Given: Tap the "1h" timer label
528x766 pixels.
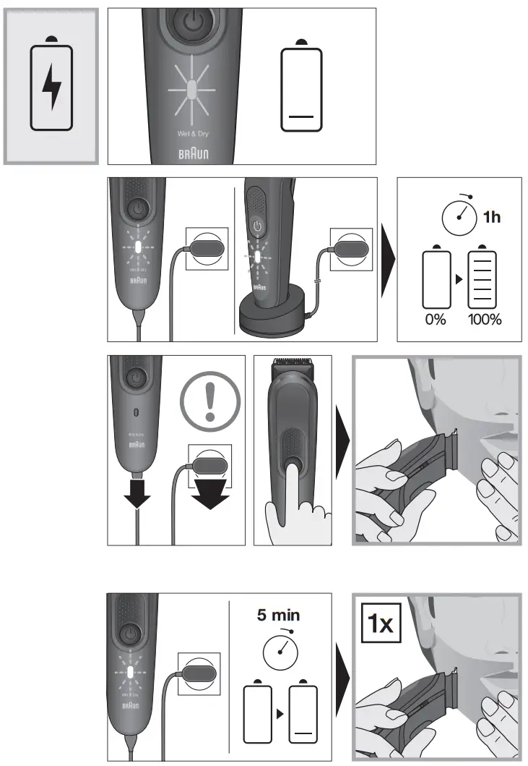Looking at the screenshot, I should click(492, 217).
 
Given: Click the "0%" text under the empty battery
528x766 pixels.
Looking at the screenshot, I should click(436, 319).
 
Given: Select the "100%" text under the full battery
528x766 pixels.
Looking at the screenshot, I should click(483, 319).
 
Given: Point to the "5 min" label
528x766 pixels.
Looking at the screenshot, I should click(278, 616).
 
